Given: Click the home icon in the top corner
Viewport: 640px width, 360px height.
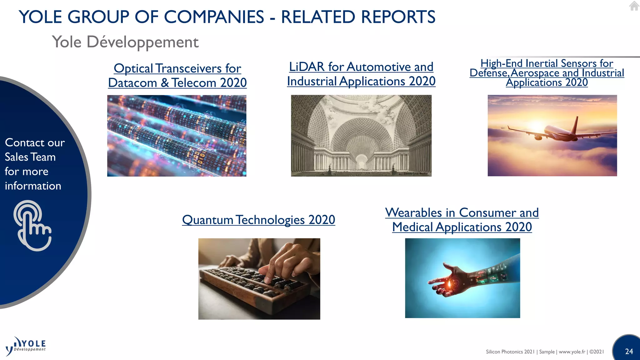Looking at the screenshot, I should click(634, 6).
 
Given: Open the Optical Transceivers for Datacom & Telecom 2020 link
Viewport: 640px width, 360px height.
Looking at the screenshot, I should click(177, 76).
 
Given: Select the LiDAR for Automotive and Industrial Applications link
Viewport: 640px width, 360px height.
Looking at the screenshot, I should click(361, 74).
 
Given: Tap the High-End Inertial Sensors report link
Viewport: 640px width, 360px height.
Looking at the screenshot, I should click(547, 73).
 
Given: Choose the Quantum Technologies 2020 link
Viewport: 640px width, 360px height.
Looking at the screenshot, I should click(258, 220).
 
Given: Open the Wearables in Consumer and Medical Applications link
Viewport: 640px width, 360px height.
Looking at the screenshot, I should click(462, 220).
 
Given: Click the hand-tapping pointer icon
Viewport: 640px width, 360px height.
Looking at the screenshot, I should click(32, 226).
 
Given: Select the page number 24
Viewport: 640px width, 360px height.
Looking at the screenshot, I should click(629, 352).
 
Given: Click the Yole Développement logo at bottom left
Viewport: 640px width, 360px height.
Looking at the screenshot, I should click(26, 346).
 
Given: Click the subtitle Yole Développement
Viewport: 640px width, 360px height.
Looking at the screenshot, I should click(125, 42).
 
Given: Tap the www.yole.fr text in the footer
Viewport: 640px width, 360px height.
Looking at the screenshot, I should click(572, 352).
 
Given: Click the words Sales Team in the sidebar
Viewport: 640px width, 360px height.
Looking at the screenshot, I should click(30, 157).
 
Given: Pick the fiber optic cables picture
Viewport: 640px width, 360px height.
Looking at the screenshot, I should click(177, 136).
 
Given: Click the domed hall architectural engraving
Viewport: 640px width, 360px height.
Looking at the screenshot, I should click(361, 136).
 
